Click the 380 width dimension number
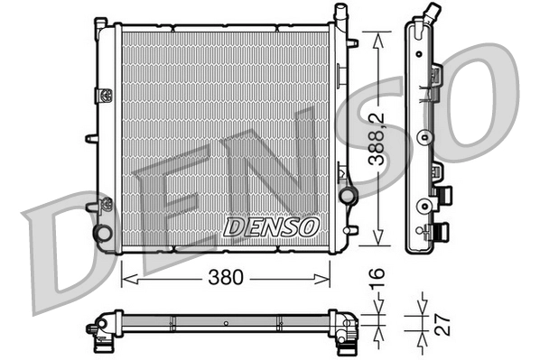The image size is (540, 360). pos(226,278)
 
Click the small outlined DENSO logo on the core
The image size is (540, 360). pos(270,223)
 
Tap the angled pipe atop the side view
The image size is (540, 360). pos(433,14)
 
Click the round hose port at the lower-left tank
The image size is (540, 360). pos(104,232)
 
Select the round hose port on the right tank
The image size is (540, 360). pos(346,196)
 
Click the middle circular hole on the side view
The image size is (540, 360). pos(423,139)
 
